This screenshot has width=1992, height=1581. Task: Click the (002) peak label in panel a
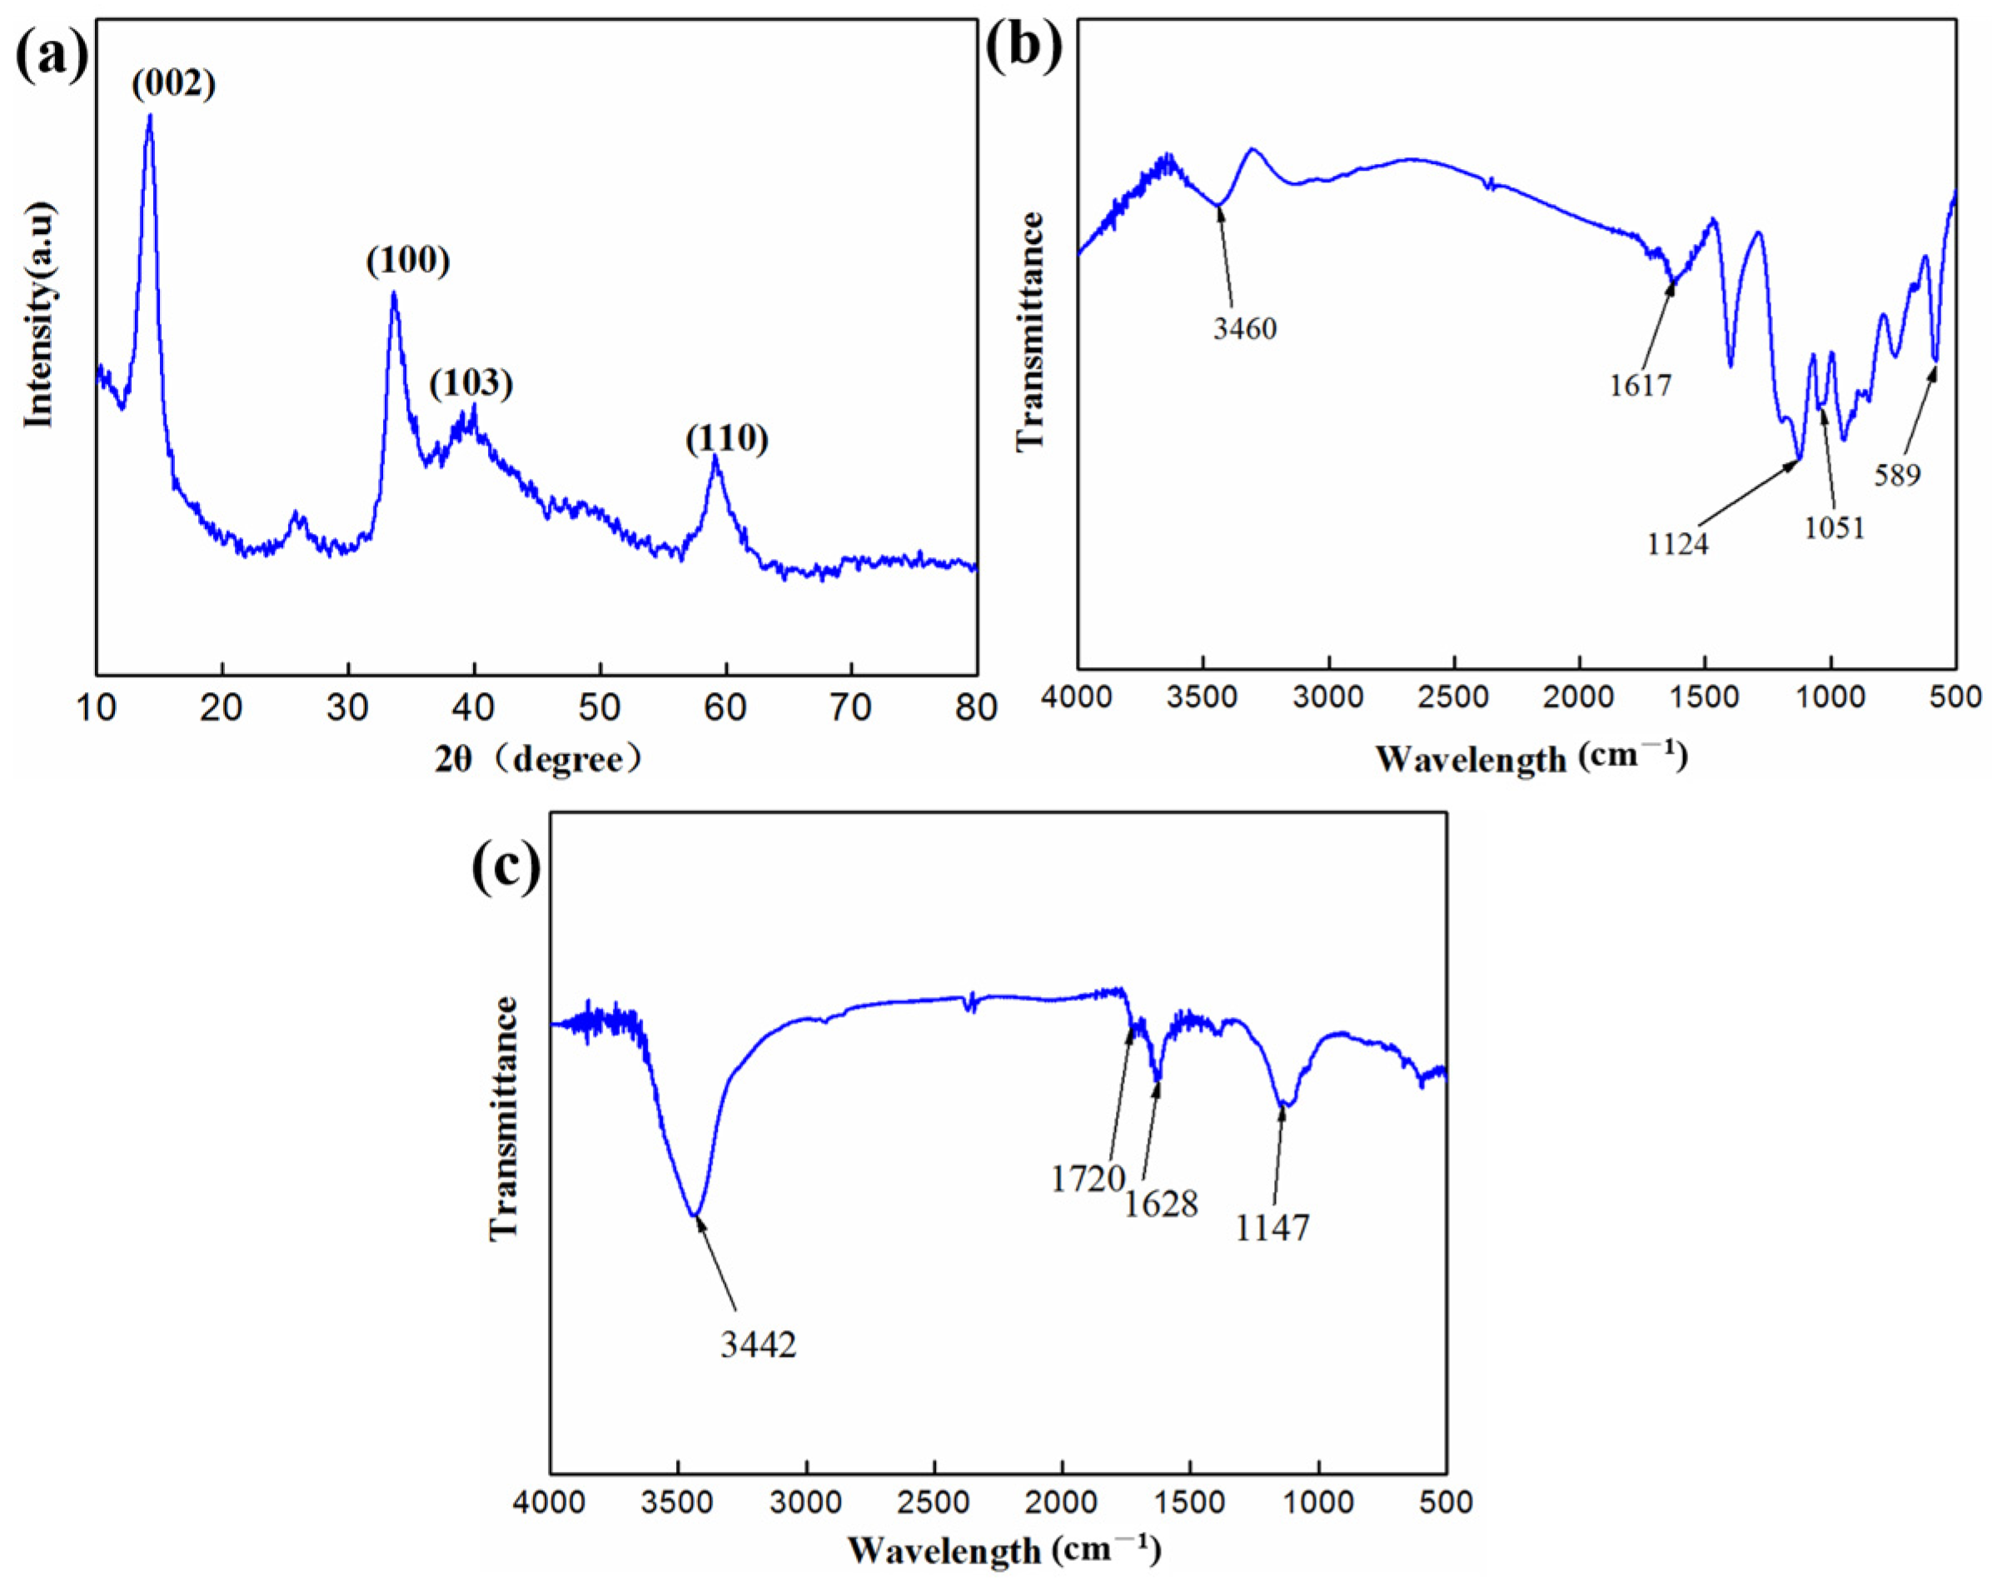(x=174, y=85)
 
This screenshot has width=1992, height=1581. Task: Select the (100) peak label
(x=408, y=262)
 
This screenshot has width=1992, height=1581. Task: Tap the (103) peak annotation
(x=471, y=384)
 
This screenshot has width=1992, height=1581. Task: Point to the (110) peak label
(x=727, y=439)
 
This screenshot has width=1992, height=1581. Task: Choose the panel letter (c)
(x=506, y=869)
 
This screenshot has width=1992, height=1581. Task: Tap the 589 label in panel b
(x=1898, y=475)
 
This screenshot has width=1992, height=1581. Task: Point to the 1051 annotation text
(x=1835, y=527)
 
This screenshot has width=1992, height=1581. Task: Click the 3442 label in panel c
(x=759, y=1345)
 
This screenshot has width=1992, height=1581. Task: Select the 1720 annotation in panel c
(x=1088, y=1179)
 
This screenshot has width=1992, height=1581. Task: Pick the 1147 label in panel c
(x=1273, y=1228)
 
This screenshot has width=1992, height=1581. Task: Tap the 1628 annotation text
(x=1162, y=1204)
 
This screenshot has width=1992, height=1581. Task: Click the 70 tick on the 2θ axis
(x=851, y=709)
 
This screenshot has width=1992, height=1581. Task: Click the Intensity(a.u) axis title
(x=40, y=317)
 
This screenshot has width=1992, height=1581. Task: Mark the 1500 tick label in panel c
(x=1190, y=1503)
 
